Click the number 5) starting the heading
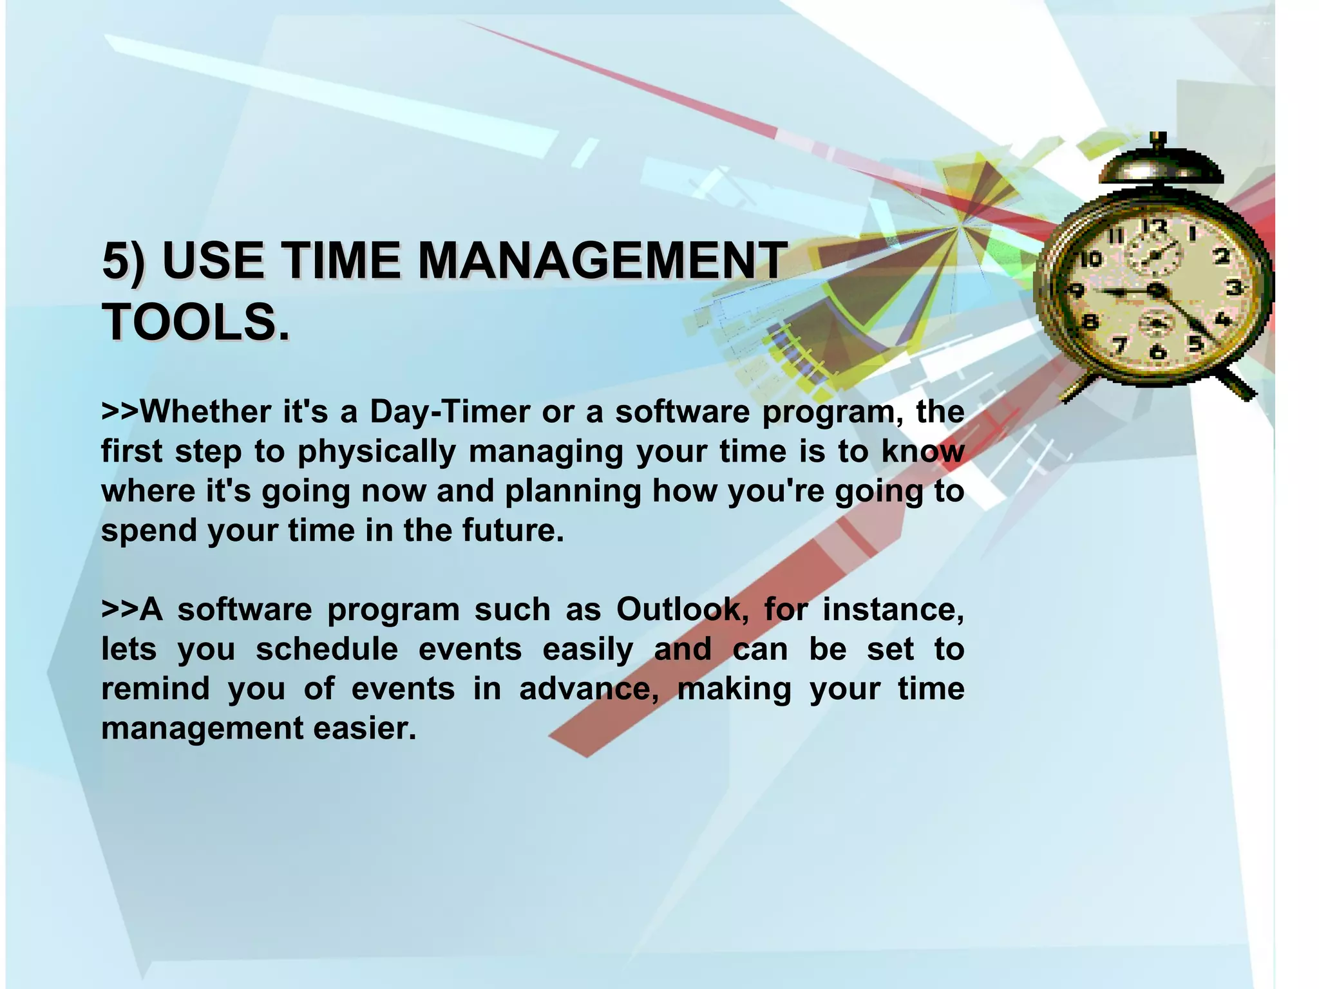[124, 261]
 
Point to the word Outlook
[679, 609]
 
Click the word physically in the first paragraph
[377, 451]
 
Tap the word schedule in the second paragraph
[327, 649]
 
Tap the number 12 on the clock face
[1154, 227]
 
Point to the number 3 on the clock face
[1233, 287]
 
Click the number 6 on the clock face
[1157, 352]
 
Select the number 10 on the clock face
[1090, 259]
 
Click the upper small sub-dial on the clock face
[1155, 256]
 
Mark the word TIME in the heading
[341, 261]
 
